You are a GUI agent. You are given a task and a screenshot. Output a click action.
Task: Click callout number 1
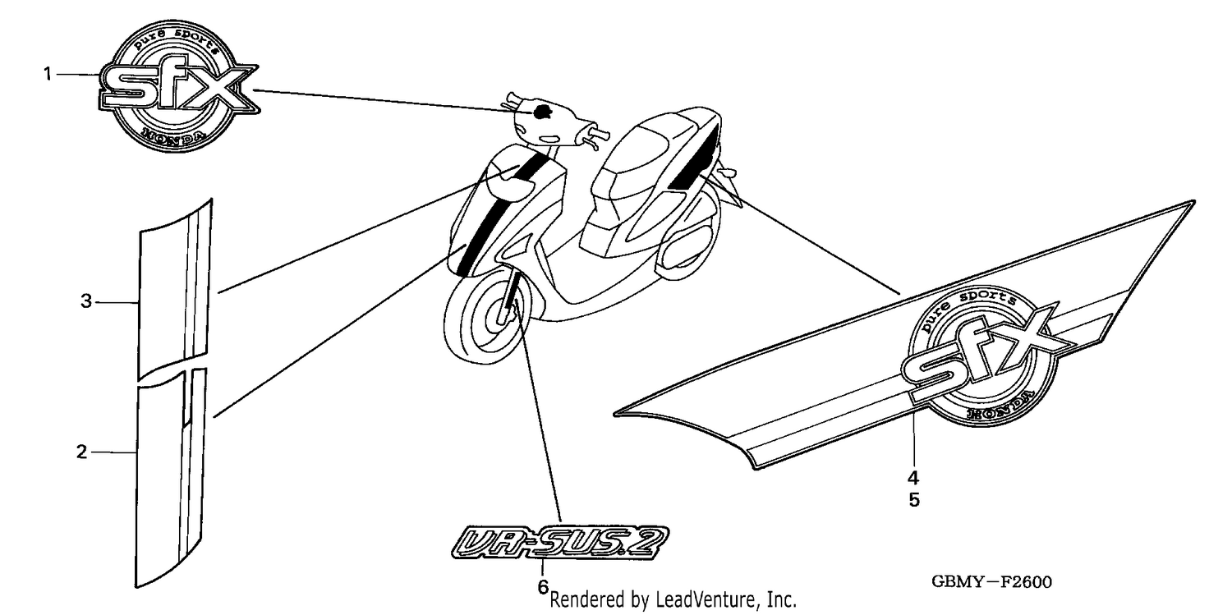pyautogui.click(x=48, y=74)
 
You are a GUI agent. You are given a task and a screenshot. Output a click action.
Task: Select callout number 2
pyautogui.click(x=81, y=452)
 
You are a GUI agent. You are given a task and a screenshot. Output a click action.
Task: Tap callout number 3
pyautogui.click(x=85, y=301)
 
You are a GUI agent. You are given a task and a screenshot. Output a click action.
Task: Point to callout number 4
pyautogui.click(x=913, y=478)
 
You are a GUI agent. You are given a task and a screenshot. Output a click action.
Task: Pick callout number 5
pyautogui.click(x=914, y=500)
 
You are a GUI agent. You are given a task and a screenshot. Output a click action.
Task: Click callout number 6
pyautogui.click(x=543, y=587)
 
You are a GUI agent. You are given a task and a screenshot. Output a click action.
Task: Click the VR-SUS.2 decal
pyautogui.click(x=560, y=543)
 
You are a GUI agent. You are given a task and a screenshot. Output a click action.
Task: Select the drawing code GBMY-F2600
pyautogui.click(x=991, y=582)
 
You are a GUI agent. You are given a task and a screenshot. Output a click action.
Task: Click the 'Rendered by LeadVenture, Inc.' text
pyautogui.click(x=673, y=599)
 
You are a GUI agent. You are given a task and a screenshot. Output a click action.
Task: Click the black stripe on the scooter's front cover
pyautogui.click(x=502, y=213)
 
